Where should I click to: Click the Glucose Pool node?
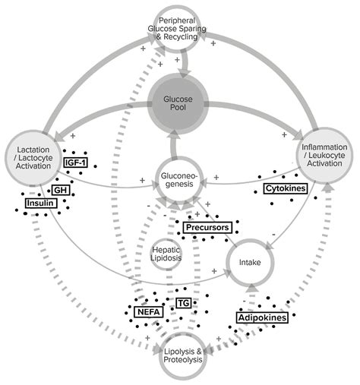(x=179, y=104)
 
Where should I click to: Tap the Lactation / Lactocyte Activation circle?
(x=33, y=156)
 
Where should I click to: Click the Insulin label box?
(x=40, y=204)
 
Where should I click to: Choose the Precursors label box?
(x=206, y=227)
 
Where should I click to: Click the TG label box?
(x=182, y=303)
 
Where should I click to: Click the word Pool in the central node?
(x=180, y=109)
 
